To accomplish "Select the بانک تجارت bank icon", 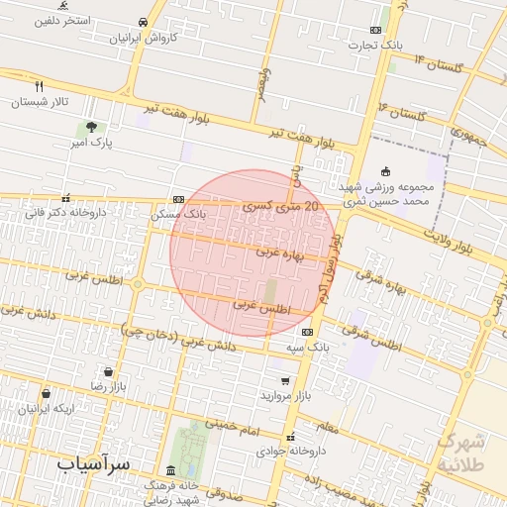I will [375, 30].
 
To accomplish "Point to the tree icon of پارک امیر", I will [91, 127].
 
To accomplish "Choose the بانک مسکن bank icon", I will [177, 199].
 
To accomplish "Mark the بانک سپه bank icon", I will [308, 332].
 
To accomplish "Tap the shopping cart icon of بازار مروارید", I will [286, 380].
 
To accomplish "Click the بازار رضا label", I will [112, 384].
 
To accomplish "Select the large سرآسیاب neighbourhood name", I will [95, 463].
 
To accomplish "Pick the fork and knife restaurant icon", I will [40, 86].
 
